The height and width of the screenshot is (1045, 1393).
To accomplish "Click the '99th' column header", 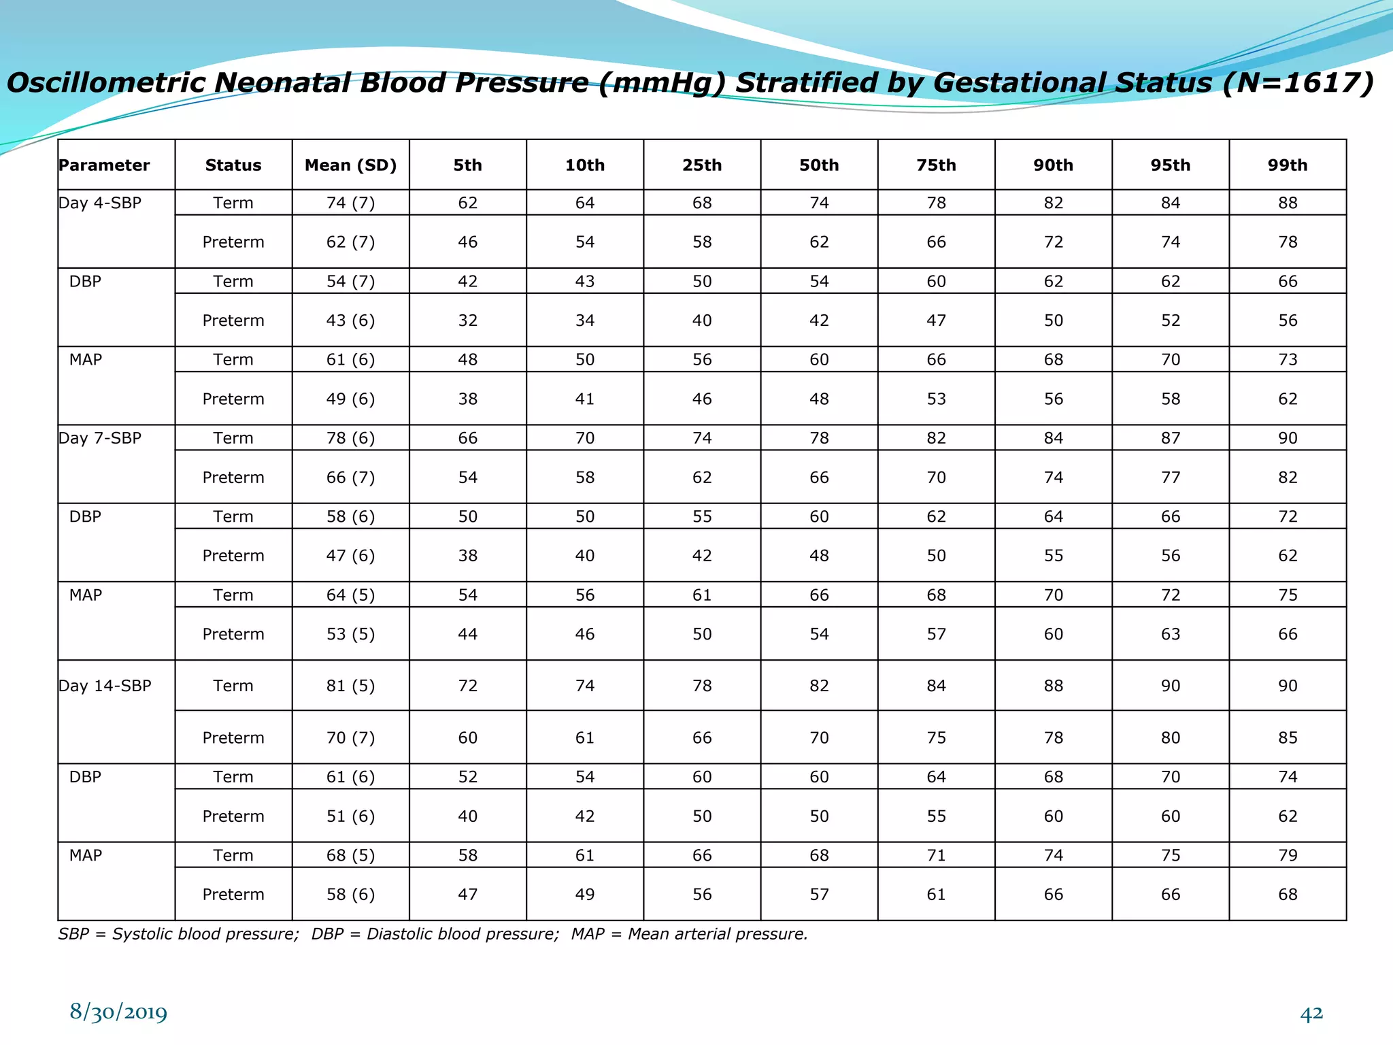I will (1287, 165).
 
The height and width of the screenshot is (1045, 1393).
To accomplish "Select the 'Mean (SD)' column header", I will (350, 165).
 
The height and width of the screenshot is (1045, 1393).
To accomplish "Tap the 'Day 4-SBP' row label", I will (100, 203).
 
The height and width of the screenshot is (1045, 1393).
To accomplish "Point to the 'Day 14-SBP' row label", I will (105, 686).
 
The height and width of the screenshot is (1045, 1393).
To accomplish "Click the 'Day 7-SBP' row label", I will (100, 438).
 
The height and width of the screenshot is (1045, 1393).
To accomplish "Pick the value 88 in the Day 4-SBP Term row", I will (1287, 203).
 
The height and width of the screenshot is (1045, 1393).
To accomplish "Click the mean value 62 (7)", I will (350, 242).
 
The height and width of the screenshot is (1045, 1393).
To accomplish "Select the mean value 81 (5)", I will (350, 686).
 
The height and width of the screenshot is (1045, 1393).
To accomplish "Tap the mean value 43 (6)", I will (350, 320).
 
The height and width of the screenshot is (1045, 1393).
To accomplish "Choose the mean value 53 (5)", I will (350, 634).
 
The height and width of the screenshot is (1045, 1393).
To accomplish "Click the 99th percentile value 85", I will (1287, 737).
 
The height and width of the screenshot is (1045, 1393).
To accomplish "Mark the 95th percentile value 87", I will (1170, 438).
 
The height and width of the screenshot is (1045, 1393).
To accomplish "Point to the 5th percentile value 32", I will (467, 320).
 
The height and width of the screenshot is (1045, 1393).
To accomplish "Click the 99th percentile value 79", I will (1287, 855).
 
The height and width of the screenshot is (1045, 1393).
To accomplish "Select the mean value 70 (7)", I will (350, 737).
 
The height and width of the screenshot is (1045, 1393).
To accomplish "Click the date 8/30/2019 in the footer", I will (118, 1012).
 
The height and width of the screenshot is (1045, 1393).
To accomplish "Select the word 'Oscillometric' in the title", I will (105, 83).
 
